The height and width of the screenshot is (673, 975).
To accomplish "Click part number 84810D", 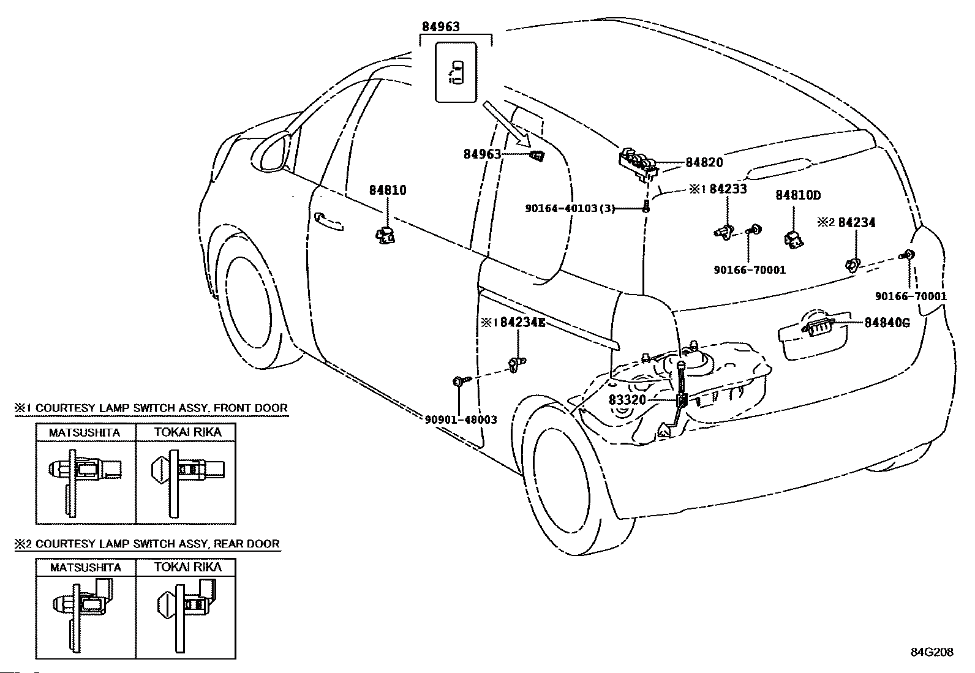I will pyautogui.click(x=798, y=195).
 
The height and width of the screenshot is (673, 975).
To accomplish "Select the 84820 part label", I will pyautogui.click(x=704, y=163).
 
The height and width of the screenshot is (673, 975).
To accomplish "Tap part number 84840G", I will pyautogui.click(x=887, y=322).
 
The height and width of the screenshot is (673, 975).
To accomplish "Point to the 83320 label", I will pyautogui.click(x=627, y=400).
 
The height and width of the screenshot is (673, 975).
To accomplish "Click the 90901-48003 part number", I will pyautogui.click(x=461, y=419).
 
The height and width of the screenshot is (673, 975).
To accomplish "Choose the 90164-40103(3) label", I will pyautogui.click(x=570, y=208).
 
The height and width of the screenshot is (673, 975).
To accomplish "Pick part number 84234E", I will pyautogui.click(x=522, y=322).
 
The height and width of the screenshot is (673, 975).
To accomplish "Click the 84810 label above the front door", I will pyautogui.click(x=387, y=190).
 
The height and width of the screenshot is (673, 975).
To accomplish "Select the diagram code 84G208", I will pyautogui.click(x=932, y=652).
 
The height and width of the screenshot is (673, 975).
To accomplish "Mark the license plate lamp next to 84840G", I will pyautogui.click(x=819, y=328).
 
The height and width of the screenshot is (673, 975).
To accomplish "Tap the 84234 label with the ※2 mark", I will pyautogui.click(x=856, y=222).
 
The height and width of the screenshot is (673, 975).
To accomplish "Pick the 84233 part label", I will pyautogui.click(x=728, y=189).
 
